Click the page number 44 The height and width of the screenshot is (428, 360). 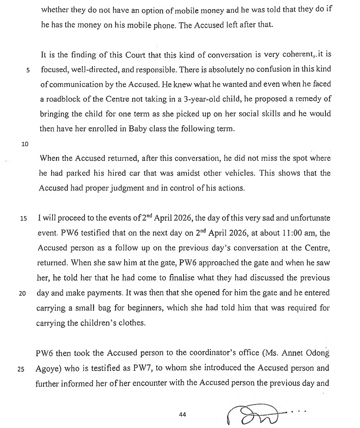pyautogui.click(x=182, y=415)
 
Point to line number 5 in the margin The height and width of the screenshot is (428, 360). pyautogui.click(x=27, y=70)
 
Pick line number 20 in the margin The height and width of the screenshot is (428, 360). pyautogui.click(x=22, y=293)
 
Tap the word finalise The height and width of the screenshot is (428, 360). pyautogui.click(x=194, y=278)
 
